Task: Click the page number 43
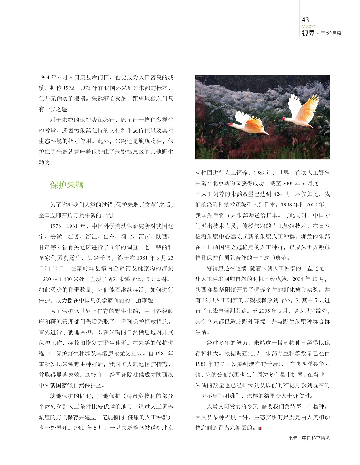coord(305,20)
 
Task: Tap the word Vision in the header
coord(308,26)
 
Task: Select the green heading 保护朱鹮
coord(67,185)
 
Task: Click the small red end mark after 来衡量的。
coord(260,428)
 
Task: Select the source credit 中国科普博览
coord(316,438)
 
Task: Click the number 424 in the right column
coord(279,194)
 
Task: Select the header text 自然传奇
coord(331,33)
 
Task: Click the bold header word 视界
coord(308,33)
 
